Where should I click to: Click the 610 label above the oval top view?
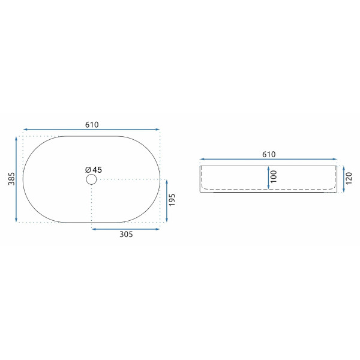91,125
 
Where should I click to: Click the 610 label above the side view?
268,154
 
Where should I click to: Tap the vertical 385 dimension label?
11,179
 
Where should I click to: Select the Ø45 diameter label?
94,170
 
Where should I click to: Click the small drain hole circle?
91,179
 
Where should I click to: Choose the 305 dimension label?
126,235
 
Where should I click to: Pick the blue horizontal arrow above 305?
126,228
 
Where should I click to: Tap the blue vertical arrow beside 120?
340,179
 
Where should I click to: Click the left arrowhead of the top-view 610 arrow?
25,129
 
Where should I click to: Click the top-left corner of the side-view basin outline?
201,166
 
